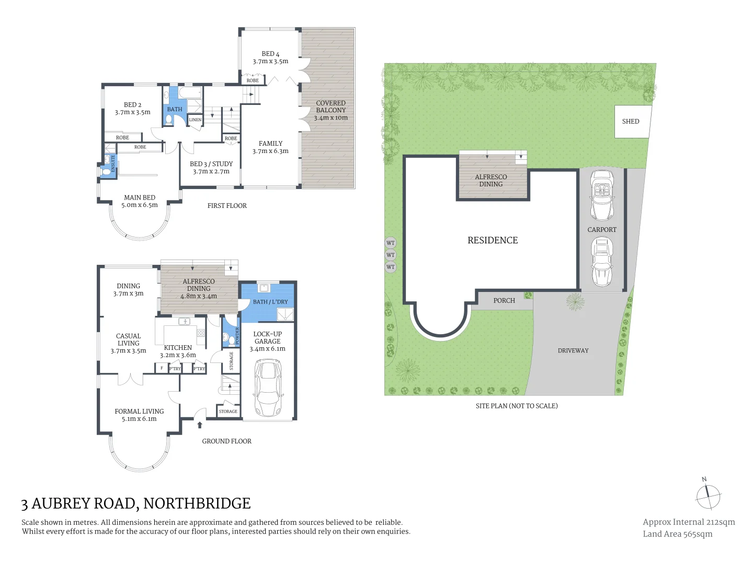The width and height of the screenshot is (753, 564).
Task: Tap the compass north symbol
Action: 708,497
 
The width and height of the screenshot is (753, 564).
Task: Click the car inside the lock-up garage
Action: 267,387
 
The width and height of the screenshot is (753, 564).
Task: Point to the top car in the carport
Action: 602,196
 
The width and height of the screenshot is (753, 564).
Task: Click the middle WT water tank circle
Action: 391,255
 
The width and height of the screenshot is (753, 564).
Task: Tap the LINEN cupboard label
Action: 195,120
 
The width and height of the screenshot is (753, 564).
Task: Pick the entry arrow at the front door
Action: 200,425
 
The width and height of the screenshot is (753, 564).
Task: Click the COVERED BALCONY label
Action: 330,110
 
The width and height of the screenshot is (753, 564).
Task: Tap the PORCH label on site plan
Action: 504,301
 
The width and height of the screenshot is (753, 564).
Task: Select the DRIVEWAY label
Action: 573,350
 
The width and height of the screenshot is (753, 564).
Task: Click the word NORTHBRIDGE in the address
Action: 197,503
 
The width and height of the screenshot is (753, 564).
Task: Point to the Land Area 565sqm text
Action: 677,534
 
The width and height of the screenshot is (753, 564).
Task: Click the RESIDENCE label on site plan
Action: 493,240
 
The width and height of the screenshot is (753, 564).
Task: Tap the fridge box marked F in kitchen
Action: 162,368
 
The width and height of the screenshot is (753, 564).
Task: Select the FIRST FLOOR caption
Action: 227,206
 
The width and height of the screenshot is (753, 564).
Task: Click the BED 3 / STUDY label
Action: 211,168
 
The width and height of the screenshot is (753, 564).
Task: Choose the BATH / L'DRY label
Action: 270,302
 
